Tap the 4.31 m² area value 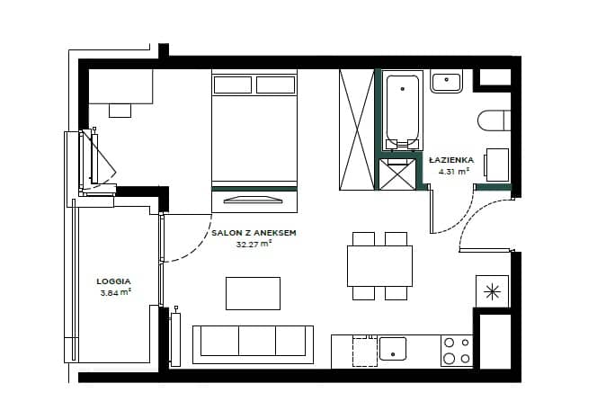click(x=453, y=171)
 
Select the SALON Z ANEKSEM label click(x=254, y=233)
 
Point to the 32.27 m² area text click(x=254, y=244)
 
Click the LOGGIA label click(x=113, y=281)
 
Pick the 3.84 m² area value click(x=116, y=292)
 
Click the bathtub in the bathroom click(x=403, y=111)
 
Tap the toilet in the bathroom click(x=494, y=120)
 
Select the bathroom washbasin click(x=446, y=81)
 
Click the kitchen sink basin click(x=393, y=349)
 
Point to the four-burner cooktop click(x=457, y=351)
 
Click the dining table click(x=379, y=266)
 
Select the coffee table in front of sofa click(x=254, y=293)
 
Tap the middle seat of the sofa click(x=257, y=341)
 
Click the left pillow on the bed click(x=233, y=85)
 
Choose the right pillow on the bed click(x=276, y=85)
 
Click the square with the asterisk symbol click(x=493, y=291)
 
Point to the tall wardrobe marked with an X click(x=357, y=129)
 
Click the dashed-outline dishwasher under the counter click(x=365, y=351)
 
